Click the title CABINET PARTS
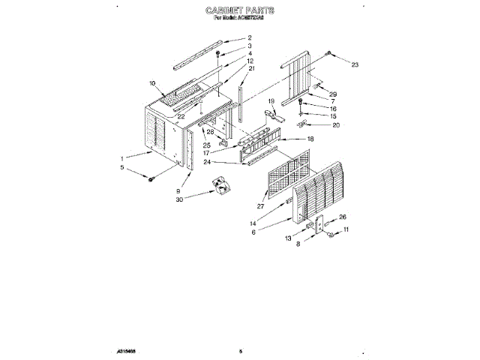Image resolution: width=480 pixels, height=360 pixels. click(239, 12)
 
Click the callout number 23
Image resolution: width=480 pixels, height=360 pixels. click(355, 65)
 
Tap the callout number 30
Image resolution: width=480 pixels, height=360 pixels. click(179, 199)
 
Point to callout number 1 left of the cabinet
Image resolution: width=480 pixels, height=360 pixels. click(123, 158)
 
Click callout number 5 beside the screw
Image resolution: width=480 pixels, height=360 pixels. click(123, 169)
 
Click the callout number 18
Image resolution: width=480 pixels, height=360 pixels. click(310, 139)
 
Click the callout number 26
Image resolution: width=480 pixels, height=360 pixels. click(332, 217)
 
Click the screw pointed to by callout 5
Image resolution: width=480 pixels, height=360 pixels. click(151, 178)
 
